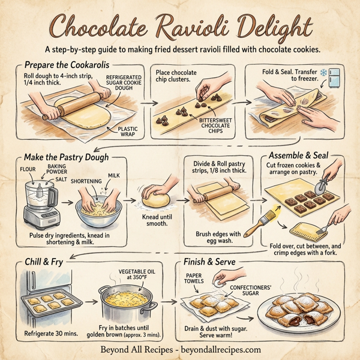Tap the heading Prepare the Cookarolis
[65, 64]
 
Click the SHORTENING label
[86, 180]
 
